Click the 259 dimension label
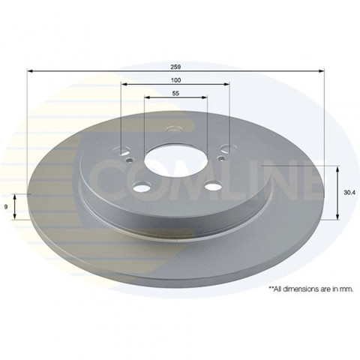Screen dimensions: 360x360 click(x=175, y=67)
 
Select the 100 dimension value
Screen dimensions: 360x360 click(x=175, y=80)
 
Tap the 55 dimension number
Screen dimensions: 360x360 click(x=175, y=93)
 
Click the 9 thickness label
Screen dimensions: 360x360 click(x=5, y=207)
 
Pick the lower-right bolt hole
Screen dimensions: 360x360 click(x=213, y=186)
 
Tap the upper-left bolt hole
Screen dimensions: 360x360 click(x=122, y=151)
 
